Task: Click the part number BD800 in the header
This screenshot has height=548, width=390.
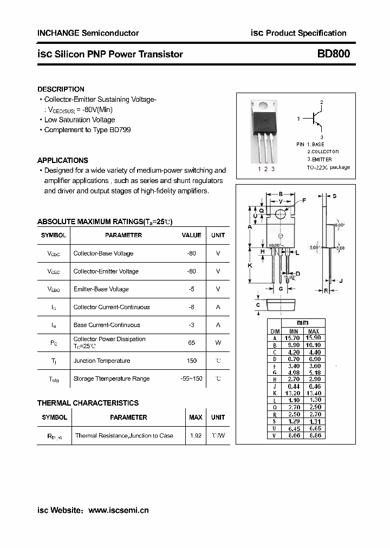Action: [333, 54]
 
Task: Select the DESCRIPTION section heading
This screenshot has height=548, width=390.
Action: [61, 89]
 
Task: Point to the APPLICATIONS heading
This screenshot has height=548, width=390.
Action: [62, 160]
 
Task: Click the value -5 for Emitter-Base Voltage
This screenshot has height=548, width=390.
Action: [191, 289]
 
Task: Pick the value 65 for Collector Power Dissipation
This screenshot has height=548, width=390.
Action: [191, 343]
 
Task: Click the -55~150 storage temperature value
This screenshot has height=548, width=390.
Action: [191, 379]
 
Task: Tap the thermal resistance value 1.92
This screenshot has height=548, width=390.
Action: [196, 435]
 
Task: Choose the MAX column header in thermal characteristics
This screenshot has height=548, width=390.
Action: [196, 417]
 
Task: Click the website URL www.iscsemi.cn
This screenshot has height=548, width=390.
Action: [118, 510]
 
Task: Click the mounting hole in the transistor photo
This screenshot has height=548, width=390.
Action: [265, 107]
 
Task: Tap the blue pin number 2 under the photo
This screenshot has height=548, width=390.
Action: [266, 169]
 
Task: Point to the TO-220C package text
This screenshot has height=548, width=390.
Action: [328, 167]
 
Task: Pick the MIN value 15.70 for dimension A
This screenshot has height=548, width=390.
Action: [293, 338]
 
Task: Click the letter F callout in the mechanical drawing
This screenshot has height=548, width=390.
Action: [304, 200]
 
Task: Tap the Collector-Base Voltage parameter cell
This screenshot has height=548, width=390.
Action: [103, 253]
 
